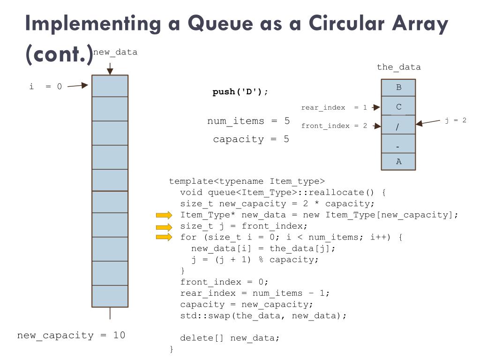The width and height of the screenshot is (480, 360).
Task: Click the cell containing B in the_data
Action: click(x=398, y=87)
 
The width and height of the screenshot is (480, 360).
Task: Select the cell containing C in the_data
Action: click(x=398, y=107)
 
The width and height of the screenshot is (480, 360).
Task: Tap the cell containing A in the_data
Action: click(x=398, y=161)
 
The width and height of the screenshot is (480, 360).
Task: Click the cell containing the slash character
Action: click(x=398, y=126)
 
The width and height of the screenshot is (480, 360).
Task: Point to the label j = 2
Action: click(x=456, y=120)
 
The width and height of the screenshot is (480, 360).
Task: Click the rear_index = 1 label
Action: click(x=334, y=107)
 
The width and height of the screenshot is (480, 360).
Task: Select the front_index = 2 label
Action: click(x=334, y=126)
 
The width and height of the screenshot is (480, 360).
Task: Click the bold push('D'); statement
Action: click(x=240, y=92)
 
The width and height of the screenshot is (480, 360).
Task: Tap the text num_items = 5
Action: click(x=248, y=121)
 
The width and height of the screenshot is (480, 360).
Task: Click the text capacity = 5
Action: click(x=251, y=139)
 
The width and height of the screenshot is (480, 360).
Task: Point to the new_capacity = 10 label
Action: click(x=71, y=335)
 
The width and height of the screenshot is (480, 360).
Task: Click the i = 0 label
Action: click(x=45, y=86)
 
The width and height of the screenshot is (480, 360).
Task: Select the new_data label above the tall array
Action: click(x=115, y=52)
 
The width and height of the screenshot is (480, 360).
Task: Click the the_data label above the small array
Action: click(x=398, y=67)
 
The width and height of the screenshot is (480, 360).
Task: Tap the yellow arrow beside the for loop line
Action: click(x=164, y=237)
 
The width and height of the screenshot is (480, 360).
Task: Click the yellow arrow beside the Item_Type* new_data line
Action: click(x=164, y=215)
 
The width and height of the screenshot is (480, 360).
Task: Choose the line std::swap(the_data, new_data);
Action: click(x=263, y=315)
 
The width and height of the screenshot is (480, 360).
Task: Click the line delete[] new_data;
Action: click(x=230, y=338)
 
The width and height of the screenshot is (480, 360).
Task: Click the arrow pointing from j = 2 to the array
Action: click(x=428, y=123)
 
